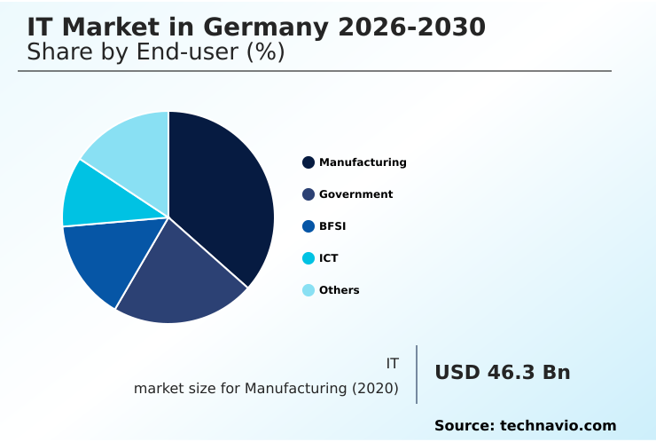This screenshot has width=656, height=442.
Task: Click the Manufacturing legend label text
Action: click(x=363, y=162)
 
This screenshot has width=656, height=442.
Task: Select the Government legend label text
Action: click(x=355, y=194)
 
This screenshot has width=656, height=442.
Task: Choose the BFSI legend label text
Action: click(x=332, y=226)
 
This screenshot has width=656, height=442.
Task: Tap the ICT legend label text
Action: click(x=328, y=258)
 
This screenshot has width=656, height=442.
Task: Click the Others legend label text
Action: click(x=339, y=290)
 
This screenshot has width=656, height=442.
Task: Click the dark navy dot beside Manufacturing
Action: click(x=308, y=162)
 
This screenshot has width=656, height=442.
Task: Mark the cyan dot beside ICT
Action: click(x=308, y=258)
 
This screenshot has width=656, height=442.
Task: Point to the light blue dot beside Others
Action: click(x=308, y=290)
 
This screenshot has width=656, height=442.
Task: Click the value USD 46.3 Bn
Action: click(x=502, y=373)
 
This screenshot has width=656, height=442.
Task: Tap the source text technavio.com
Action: click(x=558, y=426)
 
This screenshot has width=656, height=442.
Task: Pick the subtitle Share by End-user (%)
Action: click(x=156, y=52)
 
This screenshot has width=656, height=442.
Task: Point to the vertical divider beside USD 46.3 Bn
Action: click(x=417, y=375)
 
